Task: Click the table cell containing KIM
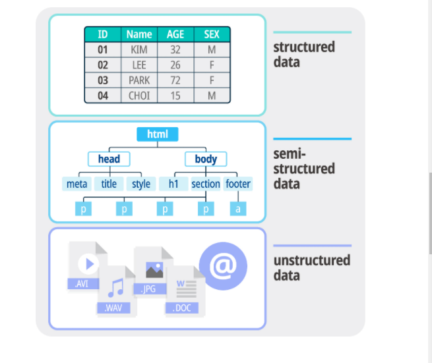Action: pos(139,49)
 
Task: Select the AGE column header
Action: pos(175,34)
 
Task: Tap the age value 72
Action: pos(175,80)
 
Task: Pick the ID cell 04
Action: pos(103,96)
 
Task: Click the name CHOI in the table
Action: pos(139,96)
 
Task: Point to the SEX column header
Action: pos(212,34)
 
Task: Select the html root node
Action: pos(158,134)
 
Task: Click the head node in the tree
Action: pos(109,159)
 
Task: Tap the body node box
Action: pos(206,159)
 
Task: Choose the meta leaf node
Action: pos(78,184)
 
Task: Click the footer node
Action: pos(238,184)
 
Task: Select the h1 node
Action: pos(173,184)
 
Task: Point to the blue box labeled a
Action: pos(238,209)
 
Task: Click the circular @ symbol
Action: pos(223,265)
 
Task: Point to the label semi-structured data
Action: pos(304,169)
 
